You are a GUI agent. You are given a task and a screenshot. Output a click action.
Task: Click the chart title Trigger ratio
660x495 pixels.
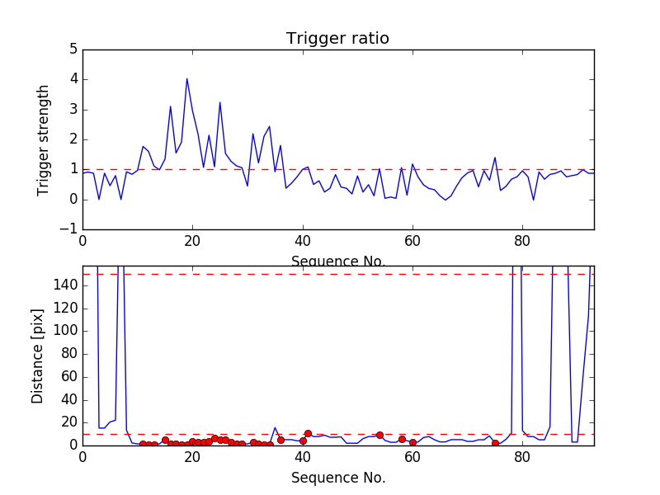[337, 39]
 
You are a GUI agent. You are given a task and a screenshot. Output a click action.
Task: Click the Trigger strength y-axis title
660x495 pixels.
[44, 139]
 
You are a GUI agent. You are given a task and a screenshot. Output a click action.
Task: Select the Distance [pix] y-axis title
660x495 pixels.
[38, 355]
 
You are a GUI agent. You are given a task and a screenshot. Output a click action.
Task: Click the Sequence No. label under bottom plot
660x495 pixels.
[338, 478]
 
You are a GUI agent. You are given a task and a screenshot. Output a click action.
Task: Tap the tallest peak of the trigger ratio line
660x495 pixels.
[187, 79]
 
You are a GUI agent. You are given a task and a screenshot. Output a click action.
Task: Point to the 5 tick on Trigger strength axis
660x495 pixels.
[73, 49]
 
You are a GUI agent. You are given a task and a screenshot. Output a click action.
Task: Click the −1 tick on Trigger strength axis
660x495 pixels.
[69, 229]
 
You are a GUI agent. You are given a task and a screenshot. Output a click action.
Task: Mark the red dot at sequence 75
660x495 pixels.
[495, 443]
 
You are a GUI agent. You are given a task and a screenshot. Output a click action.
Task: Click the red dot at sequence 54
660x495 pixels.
[379, 435]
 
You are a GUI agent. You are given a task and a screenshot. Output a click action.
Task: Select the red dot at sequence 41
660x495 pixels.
[308, 433]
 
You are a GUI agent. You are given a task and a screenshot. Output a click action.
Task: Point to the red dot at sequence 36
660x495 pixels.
[280, 440]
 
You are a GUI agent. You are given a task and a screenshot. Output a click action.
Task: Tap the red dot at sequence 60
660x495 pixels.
[412, 442]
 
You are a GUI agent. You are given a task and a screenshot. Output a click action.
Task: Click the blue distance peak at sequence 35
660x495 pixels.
[275, 427]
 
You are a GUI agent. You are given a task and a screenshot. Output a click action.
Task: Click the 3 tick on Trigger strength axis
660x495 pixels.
[73, 110]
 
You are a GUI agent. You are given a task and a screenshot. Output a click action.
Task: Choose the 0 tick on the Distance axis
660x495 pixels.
[73, 445]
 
